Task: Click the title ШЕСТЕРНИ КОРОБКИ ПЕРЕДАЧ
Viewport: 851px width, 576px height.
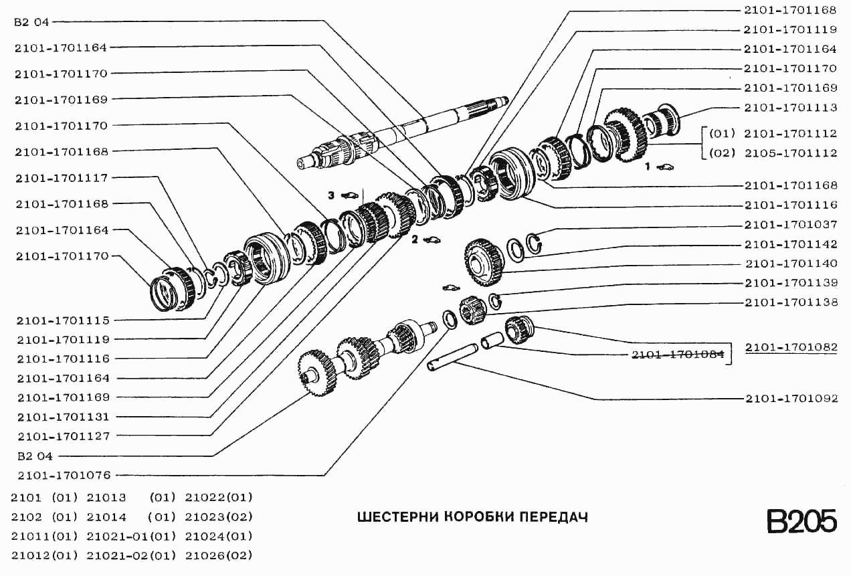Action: pos(472,517)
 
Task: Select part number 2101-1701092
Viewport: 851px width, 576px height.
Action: pos(791,399)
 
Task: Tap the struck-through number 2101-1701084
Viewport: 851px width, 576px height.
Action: pos(678,355)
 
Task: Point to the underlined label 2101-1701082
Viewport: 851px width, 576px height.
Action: pos(791,347)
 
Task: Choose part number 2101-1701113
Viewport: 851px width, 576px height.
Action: pos(791,107)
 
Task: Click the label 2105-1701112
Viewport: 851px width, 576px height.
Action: pos(791,153)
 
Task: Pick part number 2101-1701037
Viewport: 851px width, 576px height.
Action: pos(791,225)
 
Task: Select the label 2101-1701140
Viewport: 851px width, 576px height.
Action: pos(791,264)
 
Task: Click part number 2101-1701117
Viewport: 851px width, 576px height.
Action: pos(63,177)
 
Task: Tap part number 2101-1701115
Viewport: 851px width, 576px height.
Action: pos(63,320)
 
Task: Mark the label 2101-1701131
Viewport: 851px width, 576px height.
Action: pos(63,416)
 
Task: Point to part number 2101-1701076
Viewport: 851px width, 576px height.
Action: pos(63,475)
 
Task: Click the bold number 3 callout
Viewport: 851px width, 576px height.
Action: pos(330,195)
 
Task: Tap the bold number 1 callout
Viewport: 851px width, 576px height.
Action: pos(647,167)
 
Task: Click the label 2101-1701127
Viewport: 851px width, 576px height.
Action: pos(63,436)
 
